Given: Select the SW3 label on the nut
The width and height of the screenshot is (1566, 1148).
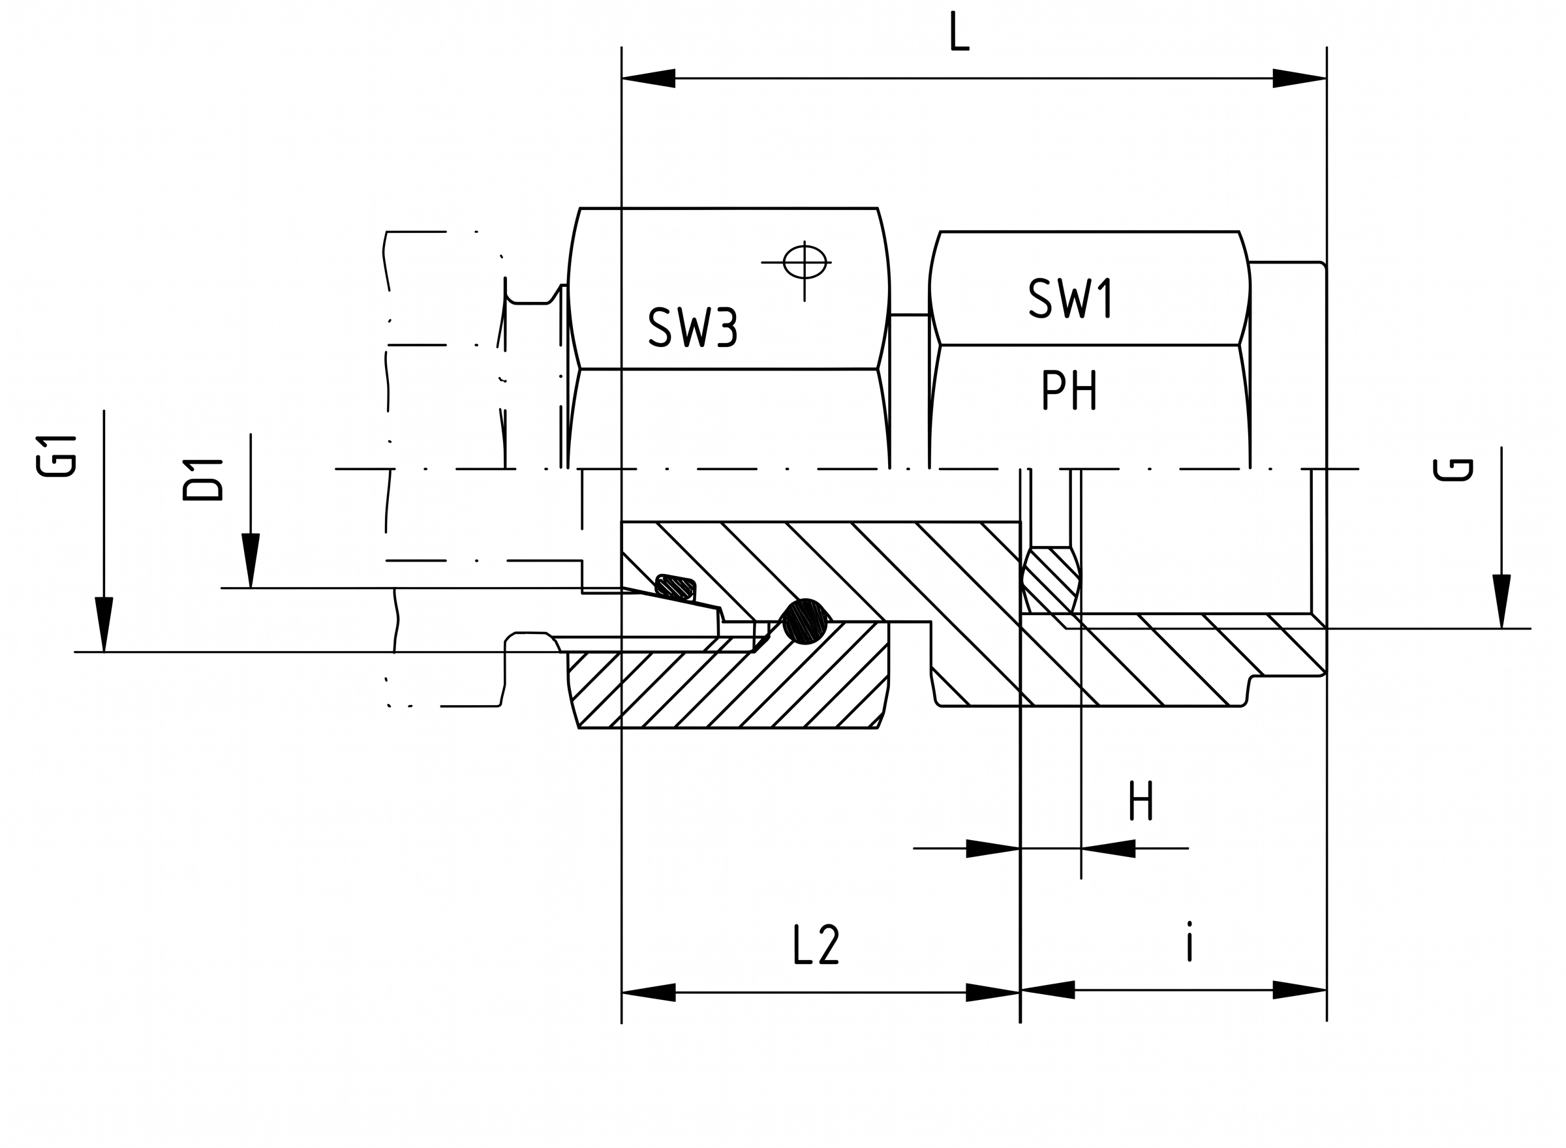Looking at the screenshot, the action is pos(692,327).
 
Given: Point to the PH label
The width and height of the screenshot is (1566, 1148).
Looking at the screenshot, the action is pos(1069,390).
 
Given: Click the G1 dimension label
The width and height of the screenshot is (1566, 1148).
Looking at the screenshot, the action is pos(55,457).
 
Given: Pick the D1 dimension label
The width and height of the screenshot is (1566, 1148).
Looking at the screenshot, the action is pos(202,480).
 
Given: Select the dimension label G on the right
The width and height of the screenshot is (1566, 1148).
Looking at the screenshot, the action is pos(1452,470).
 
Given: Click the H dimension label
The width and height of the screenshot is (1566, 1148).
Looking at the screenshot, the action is pos(1141,801).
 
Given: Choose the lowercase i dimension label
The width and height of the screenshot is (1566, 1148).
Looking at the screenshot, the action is pos(1190,942).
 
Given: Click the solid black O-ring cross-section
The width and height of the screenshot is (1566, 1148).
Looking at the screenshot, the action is pos(805,621).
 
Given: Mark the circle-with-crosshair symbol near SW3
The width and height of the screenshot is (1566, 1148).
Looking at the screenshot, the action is pos(805,263).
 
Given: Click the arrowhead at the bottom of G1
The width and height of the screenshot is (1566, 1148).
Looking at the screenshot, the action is pos(104,625).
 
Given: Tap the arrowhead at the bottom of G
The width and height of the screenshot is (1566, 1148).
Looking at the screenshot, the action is pos(1501,602).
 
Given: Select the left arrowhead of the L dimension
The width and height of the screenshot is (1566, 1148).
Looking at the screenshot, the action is pos(649,78).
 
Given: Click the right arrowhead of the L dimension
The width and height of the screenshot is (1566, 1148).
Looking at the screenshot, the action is pos(1300,78).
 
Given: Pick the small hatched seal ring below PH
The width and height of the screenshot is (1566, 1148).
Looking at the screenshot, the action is pos(1052,581).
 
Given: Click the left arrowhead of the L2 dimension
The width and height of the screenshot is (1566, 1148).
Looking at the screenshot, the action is pos(649,992).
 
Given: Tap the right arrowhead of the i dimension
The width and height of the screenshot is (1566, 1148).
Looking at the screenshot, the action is pos(1300,990).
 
